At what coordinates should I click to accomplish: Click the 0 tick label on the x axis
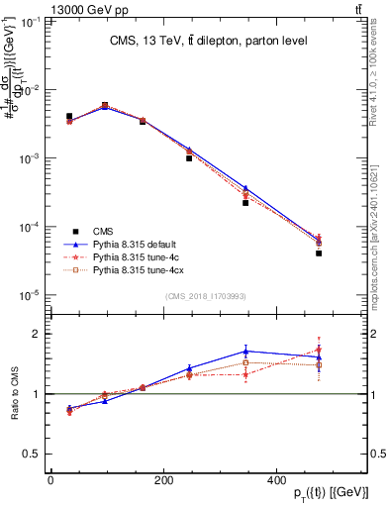[51, 482]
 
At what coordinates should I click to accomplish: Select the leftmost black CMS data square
[68, 116]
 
